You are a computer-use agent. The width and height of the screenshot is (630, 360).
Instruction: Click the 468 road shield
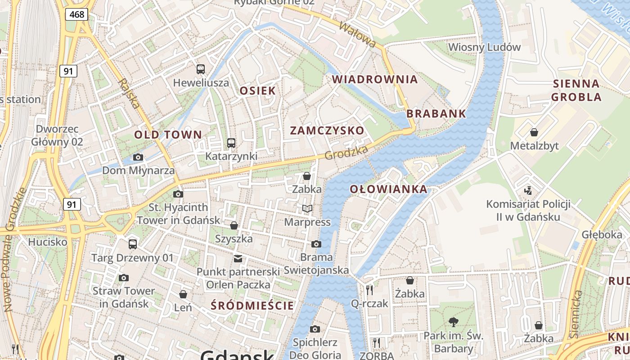coord(76,14)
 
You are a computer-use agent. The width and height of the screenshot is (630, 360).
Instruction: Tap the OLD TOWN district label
coord(168,135)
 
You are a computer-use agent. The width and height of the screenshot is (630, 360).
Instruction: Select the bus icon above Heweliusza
coord(201,69)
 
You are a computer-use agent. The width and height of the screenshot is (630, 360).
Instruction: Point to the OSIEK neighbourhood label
coord(257,90)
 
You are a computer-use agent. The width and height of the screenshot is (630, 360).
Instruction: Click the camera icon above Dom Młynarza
coord(138,157)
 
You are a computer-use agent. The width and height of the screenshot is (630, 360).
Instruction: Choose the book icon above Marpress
coord(307,208)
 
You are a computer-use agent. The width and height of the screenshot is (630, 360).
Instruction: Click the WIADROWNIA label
coord(375,80)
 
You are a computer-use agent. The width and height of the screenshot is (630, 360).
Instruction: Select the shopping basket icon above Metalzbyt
coord(534,132)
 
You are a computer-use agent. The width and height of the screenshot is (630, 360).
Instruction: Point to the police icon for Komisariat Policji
coord(528,190)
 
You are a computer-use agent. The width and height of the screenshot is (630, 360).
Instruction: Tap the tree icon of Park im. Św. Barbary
coord(453,322)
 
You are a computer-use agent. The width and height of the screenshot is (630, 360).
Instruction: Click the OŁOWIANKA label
coord(389,189)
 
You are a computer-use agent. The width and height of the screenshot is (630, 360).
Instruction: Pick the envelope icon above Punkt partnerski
coord(238,258)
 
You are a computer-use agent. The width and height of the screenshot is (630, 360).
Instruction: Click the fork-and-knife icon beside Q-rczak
coord(369,290)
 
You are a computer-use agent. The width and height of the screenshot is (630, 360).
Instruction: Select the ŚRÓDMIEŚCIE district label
coord(252,306)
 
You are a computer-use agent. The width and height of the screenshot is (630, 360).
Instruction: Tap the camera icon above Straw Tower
coord(124,278)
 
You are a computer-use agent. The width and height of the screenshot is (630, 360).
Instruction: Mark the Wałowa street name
coord(357,34)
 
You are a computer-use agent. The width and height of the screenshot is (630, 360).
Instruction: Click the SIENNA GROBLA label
coord(576,90)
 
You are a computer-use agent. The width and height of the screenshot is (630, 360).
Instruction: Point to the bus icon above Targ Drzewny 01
coord(133,244)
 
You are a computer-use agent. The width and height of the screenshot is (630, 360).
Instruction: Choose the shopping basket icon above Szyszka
coord(234,225)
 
